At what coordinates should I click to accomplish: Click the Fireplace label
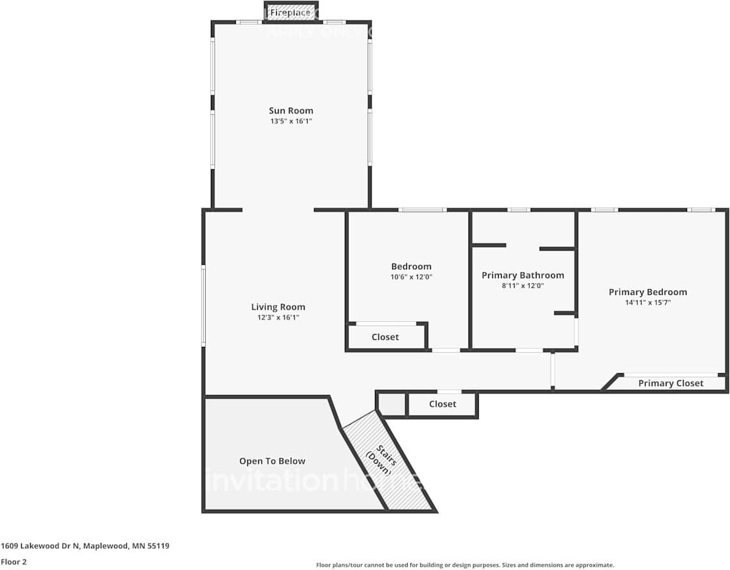(290, 12)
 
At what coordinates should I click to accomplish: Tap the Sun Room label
(291, 111)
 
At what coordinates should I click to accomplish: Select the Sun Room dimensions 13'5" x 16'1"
(291, 121)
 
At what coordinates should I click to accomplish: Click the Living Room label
(278, 307)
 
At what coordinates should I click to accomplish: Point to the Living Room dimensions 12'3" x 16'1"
(278, 317)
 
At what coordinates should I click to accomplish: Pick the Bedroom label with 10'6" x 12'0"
(411, 267)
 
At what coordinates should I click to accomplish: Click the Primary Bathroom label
(523, 276)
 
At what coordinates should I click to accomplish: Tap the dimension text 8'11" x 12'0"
(523, 286)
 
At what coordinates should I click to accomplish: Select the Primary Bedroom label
(648, 292)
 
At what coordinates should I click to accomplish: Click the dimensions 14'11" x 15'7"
(648, 303)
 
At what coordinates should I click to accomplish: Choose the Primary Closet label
(671, 383)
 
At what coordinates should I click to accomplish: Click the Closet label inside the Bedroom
(385, 337)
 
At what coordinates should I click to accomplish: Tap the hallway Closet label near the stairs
(443, 404)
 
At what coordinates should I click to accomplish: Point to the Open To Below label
(272, 461)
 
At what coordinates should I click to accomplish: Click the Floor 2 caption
(13, 562)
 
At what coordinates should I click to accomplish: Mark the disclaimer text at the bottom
(465, 565)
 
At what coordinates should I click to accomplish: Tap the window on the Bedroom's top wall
(422, 210)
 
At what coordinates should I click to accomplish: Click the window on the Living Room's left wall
(204, 306)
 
